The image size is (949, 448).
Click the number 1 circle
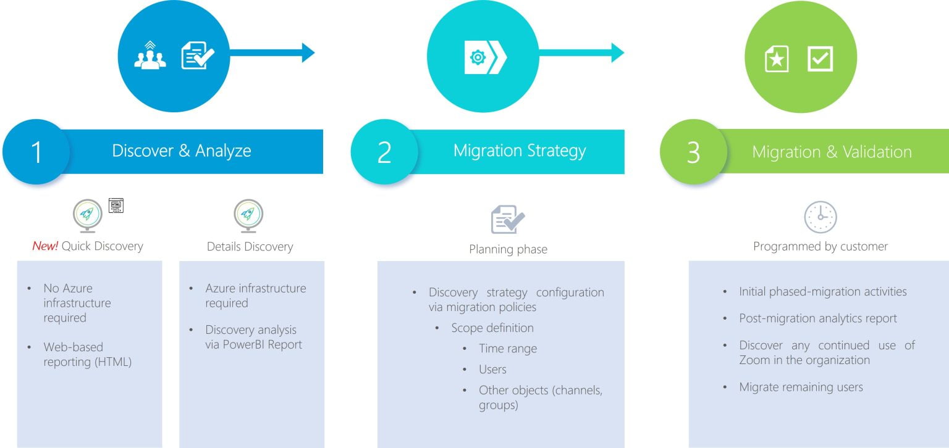pyautogui.click(x=36, y=152)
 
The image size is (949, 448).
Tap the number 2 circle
pyautogui.click(x=384, y=152)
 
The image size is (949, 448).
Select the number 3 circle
pyautogui.click(x=694, y=152)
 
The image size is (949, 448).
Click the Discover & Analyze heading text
pyautogui.click(x=181, y=151)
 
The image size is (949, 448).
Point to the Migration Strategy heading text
pyautogui.click(x=520, y=151)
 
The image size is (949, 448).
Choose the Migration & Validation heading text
pyautogui.click(x=832, y=151)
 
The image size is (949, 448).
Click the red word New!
pyautogui.click(x=45, y=246)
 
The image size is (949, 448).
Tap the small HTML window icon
pyautogui.click(x=116, y=205)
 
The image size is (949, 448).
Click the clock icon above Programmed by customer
pyautogui.click(x=820, y=217)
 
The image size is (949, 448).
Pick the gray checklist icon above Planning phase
pyautogui.click(x=507, y=220)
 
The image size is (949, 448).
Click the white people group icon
pyautogui.click(x=150, y=55)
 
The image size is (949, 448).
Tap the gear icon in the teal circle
pyautogui.click(x=478, y=57)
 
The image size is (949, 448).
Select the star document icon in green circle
pyautogui.click(x=777, y=59)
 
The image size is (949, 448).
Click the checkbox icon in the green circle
pyautogui.click(x=820, y=59)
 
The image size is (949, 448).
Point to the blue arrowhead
pyautogui.click(x=308, y=53)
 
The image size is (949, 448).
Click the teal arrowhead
pyautogui.click(x=618, y=53)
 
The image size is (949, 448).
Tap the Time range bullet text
pyautogui.click(x=508, y=349)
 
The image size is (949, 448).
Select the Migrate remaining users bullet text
pyautogui.click(x=801, y=387)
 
